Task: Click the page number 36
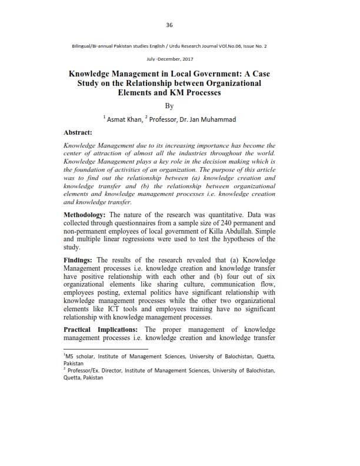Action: click(169, 25)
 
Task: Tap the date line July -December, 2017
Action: click(169, 59)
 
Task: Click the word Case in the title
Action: click(259, 75)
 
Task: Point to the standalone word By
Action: click(169, 106)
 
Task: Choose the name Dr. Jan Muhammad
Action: click(209, 119)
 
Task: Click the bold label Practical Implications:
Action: click(101, 329)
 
